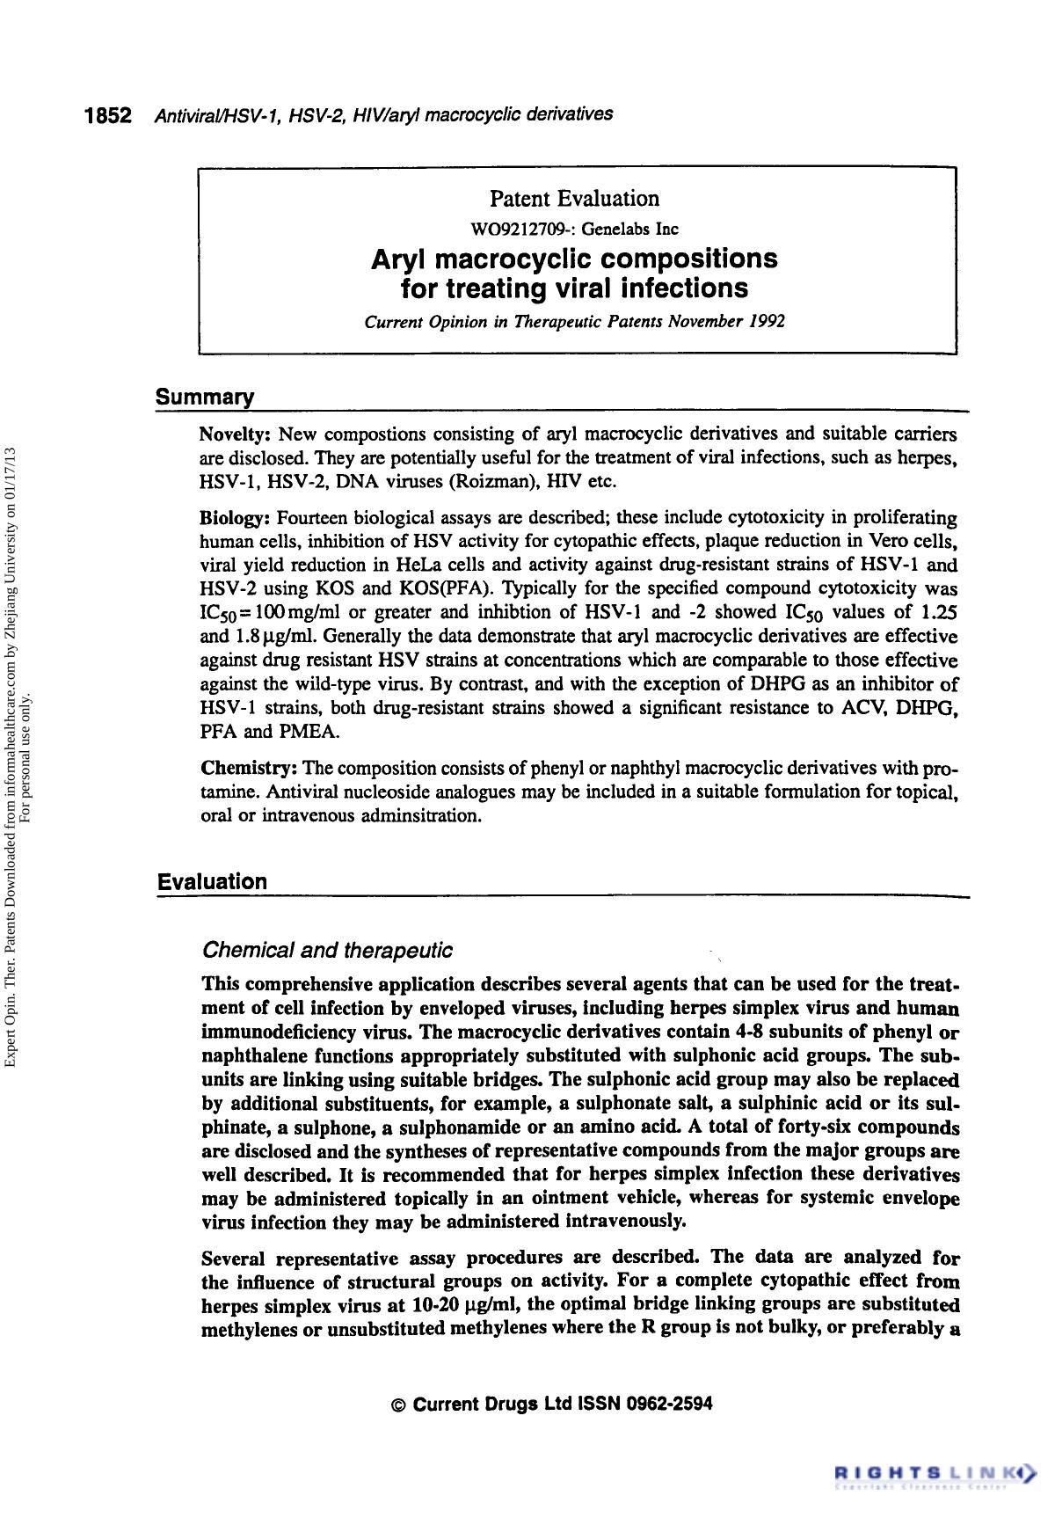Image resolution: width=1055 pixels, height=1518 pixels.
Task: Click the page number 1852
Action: point(107,115)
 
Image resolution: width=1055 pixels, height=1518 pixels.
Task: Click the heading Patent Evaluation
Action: point(574,199)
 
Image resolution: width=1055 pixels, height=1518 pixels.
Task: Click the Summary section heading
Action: point(204,398)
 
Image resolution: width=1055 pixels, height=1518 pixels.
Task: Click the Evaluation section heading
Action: point(211,882)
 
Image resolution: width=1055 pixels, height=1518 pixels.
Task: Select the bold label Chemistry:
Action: point(248,769)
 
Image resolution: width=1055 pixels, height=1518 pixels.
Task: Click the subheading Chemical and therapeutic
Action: point(327,951)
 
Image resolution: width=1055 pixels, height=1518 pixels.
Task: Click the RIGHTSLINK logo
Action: point(935,1471)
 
